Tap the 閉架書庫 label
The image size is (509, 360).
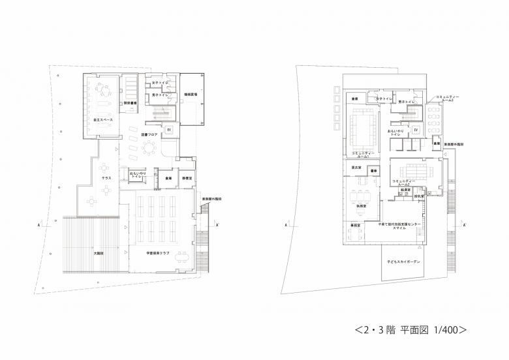130,103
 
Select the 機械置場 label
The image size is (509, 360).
191,95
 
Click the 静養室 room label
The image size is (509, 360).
187,177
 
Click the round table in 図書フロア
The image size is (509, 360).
150,149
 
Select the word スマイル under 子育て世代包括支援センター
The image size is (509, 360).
401,228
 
